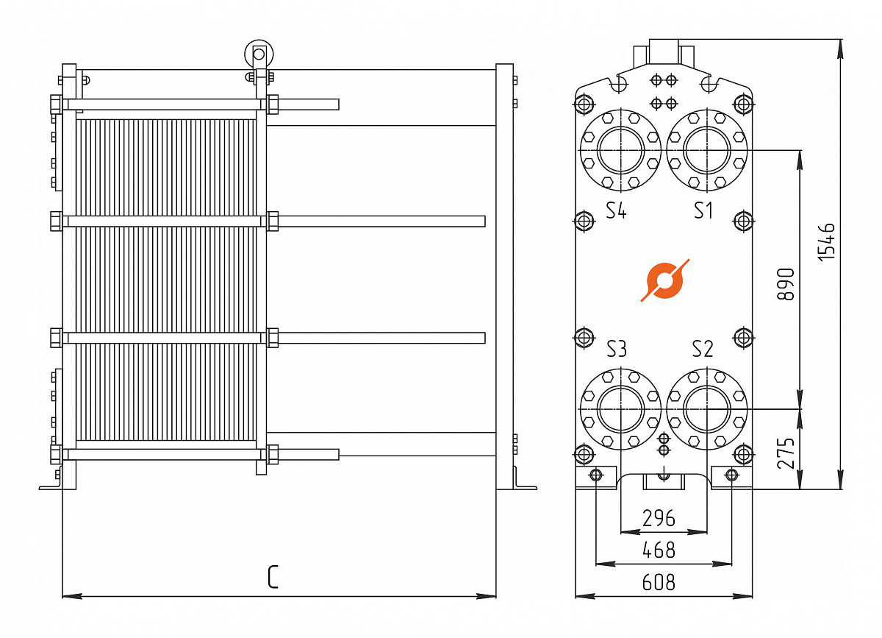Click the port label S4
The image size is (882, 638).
(x=616, y=210)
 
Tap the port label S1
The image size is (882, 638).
(x=703, y=210)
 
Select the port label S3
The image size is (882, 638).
(x=616, y=349)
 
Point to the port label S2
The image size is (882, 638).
(x=703, y=349)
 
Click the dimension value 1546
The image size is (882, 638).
(x=826, y=241)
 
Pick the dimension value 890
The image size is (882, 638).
(x=786, y=284)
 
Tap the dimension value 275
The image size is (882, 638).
(x=786, y=453)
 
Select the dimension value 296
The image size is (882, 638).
(x=659, y=518)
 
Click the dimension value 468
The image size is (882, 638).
(x=659, y=550)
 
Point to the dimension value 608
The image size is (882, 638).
(x=659, y=582)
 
